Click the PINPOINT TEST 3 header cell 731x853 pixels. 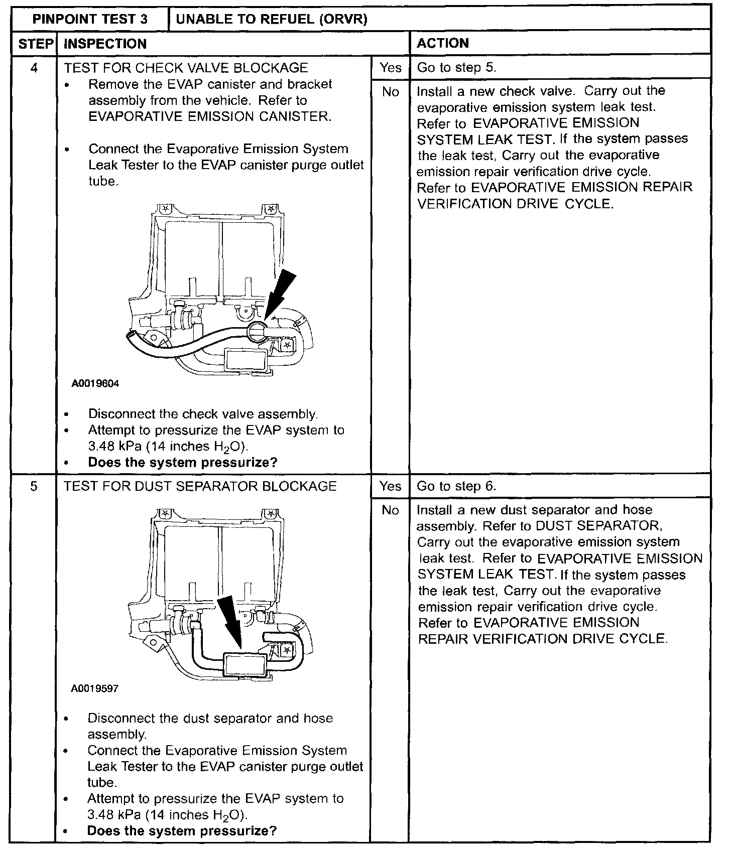pos(90,20)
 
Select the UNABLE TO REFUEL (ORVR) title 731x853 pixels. pos(272,20)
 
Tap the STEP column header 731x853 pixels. pos(36,44)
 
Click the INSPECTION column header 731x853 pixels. pos(105,44)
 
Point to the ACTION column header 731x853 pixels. pos(443,43)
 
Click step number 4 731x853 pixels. pos(34,68)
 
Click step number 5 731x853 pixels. pos(34,486)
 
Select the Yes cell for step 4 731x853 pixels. pos(390,68)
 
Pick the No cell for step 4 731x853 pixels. pos(390,92)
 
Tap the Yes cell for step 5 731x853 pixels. pos(390,486)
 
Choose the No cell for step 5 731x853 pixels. pos(390,510)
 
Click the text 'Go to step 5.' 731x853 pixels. pos(456,68)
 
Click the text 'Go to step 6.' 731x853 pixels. pos(456,486)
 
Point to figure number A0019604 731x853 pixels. pos(95,384)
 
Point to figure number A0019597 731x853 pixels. pos(95,689)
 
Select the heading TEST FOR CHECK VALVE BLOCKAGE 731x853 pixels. pos(186,68)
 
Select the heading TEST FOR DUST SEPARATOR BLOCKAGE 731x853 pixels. pos(200,486)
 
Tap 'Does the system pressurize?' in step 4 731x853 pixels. pos(182,463)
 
